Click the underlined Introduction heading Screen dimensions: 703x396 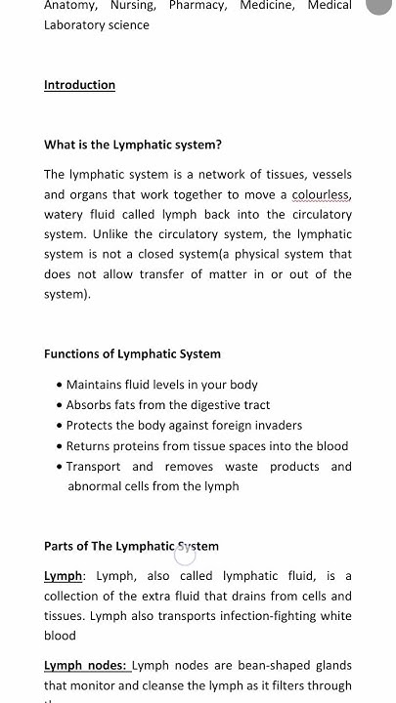click(x=79, y=85)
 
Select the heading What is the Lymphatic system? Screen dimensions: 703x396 click(x=133, y=145)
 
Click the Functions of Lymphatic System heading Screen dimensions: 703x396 click(x=132, y=353)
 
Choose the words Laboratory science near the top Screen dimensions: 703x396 click(x=97, y=25)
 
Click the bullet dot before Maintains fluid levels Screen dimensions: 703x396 click(x=60, y=385)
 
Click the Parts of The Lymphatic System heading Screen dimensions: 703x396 click(x=131, y=546)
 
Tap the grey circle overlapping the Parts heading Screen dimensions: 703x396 click(x=185, y=554)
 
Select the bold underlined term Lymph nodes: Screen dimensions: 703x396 click(x=86, y=665)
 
